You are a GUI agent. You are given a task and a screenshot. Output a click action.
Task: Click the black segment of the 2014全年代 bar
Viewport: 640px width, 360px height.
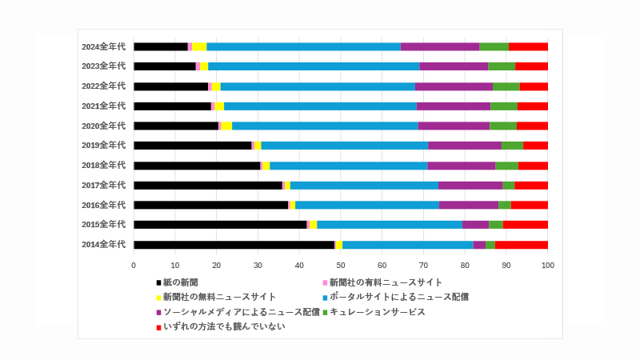tap(234, 245)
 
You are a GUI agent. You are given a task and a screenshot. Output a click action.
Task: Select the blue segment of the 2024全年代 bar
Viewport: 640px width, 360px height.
tap(303, 47)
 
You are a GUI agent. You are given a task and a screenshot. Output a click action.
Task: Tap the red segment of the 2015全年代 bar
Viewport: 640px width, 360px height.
tap(526, 225)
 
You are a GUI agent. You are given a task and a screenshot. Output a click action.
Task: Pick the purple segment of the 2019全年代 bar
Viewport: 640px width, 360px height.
tap(465, 146)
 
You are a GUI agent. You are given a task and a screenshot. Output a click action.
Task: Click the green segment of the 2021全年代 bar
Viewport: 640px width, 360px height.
tap(504, 106)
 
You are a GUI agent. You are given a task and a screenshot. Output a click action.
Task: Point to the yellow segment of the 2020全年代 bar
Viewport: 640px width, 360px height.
tap(226, 126)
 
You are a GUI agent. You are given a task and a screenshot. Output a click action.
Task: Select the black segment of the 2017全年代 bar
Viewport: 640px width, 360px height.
tap(208, 185)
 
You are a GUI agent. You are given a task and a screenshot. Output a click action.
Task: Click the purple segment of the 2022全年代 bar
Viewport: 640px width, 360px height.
tap(454, 86)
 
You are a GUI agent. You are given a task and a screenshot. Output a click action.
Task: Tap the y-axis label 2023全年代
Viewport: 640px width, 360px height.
tap(103, 66)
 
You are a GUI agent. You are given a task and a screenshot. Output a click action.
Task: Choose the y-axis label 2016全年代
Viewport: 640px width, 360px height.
tap(103, 205)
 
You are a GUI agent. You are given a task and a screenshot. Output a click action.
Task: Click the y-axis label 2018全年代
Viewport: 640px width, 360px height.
tap(103, 166)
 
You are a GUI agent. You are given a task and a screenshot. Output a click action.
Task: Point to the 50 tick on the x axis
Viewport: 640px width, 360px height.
tap(341, 265)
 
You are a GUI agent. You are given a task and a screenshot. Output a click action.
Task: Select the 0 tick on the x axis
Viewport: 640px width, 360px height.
tap(134, 265)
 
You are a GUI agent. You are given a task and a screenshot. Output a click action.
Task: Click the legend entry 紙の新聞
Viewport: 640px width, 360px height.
tap(180, 282)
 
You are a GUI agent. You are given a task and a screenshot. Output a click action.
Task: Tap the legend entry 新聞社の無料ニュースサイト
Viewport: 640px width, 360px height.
tap(219, 297)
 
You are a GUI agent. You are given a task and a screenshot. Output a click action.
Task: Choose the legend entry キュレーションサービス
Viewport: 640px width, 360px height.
tap(377, 311)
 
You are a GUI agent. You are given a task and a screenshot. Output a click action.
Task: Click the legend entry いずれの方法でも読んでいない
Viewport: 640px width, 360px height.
tap(223, 326)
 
